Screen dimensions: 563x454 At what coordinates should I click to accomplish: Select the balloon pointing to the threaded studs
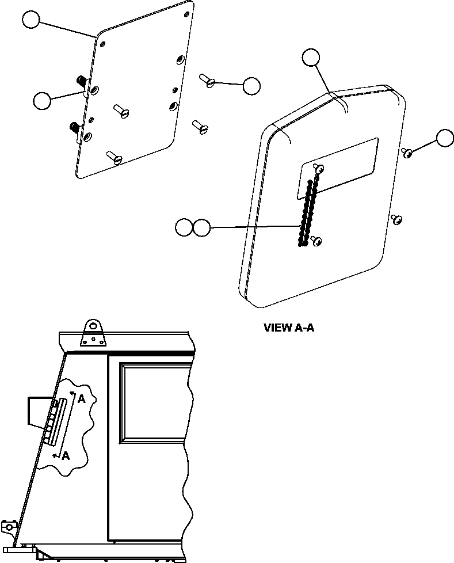coord(42,100)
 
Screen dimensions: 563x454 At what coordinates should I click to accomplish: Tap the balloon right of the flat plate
coord(251,86)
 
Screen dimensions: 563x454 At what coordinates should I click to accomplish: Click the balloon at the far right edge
coord(445,138)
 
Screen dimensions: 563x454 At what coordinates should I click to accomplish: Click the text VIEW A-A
coord(289,328)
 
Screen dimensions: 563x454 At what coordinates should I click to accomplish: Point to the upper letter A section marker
coord(82,399)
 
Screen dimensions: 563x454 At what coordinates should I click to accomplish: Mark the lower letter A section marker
coord(66,455)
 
